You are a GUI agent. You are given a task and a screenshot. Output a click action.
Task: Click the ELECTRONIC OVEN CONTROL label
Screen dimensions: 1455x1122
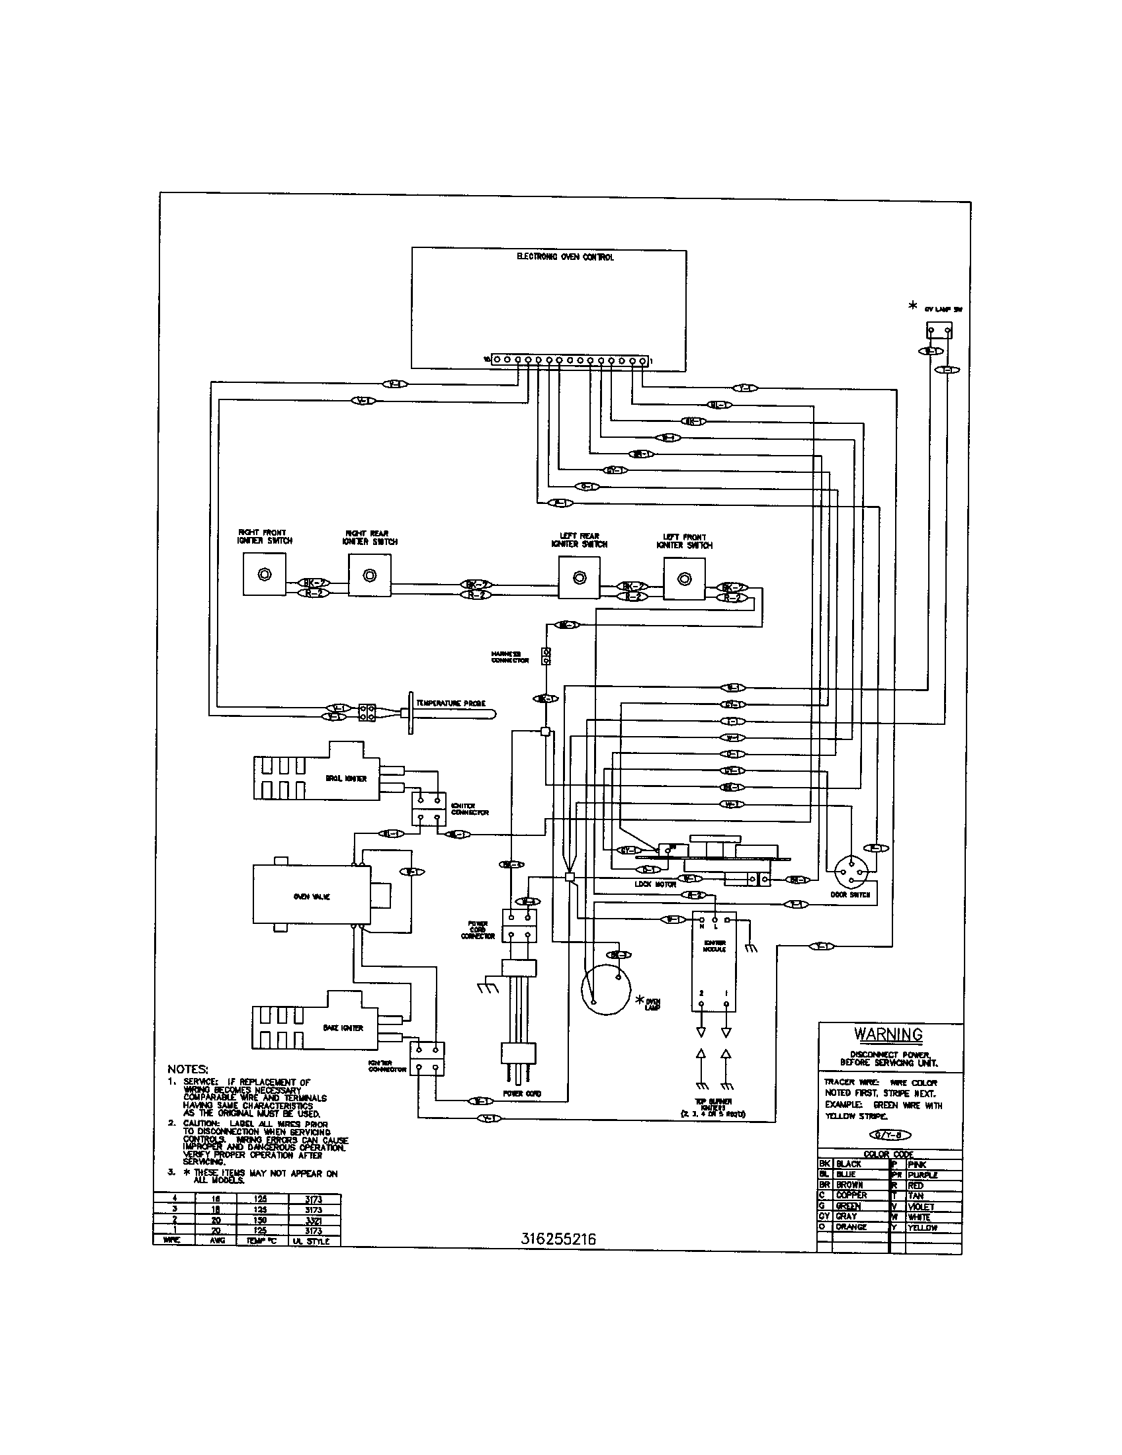pyautogui.click(x=565, y=257)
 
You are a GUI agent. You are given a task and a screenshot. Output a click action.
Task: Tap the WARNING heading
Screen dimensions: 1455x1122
pyautogui.click(x=888, y=1034)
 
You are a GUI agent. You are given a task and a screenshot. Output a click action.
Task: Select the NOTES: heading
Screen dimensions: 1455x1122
pyautogui.click(x=188, y=1069)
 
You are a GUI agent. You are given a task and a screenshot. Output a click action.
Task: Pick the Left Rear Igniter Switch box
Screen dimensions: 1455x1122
pyautogui.click(x=579, y=577)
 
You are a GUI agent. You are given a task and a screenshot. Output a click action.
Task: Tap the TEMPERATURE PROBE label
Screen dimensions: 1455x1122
pyautogui.click(x=451, y=703)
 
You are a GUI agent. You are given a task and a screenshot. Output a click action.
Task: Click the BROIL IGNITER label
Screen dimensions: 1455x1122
pyautogui.click(x=346, y=778)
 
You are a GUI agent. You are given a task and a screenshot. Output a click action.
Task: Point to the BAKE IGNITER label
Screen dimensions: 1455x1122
pyautogui.click(x=343, y=1028)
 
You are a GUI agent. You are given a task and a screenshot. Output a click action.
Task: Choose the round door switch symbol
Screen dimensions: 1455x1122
pyautogui.click(x=853, y=870)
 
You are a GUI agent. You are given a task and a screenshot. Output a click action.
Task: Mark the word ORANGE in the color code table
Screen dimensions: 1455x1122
pyautogui.click(x=851, y=1227)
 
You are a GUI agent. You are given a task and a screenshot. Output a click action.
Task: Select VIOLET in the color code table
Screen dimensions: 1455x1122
pyautogui.click(x=921, y=1206)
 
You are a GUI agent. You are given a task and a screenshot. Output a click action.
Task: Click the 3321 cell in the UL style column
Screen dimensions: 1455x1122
pyautogui.click(x=313, y=1220)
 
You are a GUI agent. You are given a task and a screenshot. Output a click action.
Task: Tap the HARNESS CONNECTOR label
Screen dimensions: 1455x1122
pyautogui.click(x=509, y=657)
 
